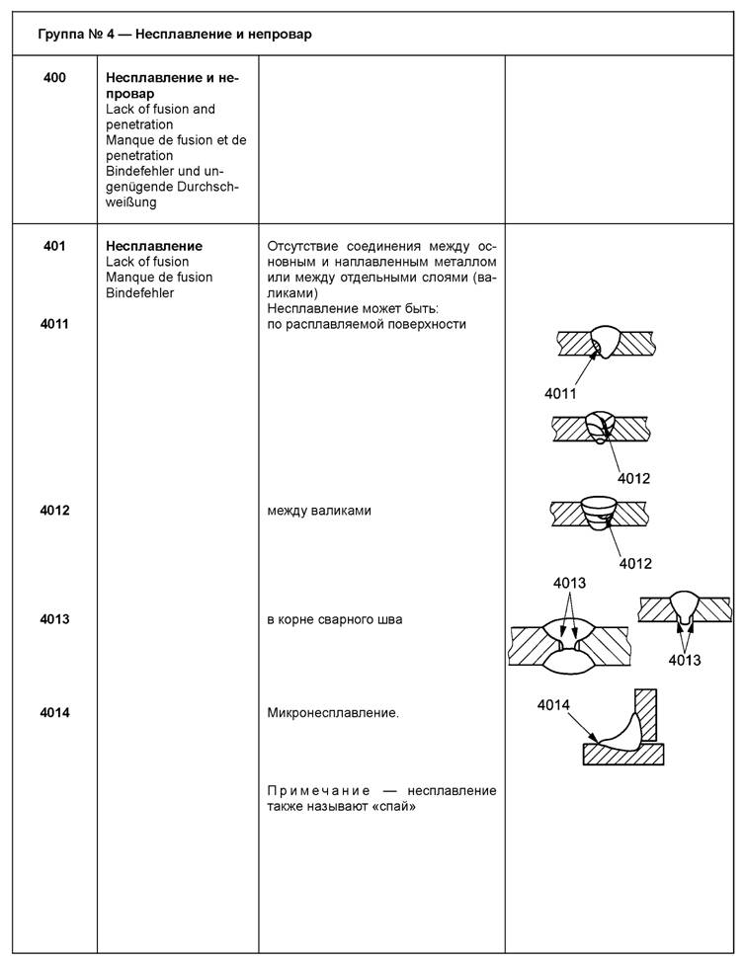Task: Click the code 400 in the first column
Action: point(54,77)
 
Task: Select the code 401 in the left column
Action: point(54,246)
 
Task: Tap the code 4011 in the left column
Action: point(54,324)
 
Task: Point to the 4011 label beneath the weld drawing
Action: point(560,394)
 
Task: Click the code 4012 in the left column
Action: point(54,511)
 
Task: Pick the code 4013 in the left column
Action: point(54,619)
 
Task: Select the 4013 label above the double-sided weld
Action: point(569,584)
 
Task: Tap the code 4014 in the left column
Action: point(54,711)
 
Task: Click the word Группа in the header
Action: point(61,35)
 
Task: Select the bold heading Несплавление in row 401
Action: point(153,246)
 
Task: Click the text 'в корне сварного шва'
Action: point(334,619)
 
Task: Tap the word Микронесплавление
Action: point(333,711)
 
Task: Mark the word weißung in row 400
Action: point(131,202)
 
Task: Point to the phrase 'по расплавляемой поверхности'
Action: point(367,324)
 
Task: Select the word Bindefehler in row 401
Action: point(139,293)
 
